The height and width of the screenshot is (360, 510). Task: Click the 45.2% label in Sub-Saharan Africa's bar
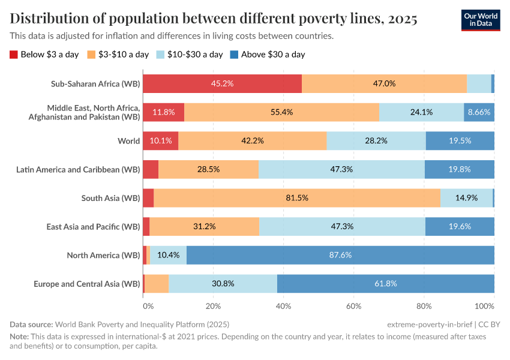[222, 83]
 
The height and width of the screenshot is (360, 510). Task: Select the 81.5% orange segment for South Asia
[297, 198]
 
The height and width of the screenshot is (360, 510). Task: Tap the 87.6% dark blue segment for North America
[340, 255]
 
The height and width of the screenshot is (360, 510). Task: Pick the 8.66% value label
[479, 112]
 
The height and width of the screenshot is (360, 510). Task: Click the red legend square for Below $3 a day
[14, 55]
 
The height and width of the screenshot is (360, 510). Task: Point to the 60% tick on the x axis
[353, 306]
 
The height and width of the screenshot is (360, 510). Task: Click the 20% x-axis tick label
[213, 306]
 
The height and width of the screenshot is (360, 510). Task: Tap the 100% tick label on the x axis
[485, 306]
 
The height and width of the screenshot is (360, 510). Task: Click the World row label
[128, 141]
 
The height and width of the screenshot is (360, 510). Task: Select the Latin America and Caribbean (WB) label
[78, 169]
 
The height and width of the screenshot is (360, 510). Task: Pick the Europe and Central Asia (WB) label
[86, 284]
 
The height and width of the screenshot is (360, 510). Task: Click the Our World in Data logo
[481, 20]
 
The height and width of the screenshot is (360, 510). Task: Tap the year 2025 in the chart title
[403, 19]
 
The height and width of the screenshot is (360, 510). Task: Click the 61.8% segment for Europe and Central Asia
[385, 284]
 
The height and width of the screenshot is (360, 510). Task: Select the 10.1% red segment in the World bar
[161, 141]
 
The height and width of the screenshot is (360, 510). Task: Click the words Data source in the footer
[31, 324]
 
